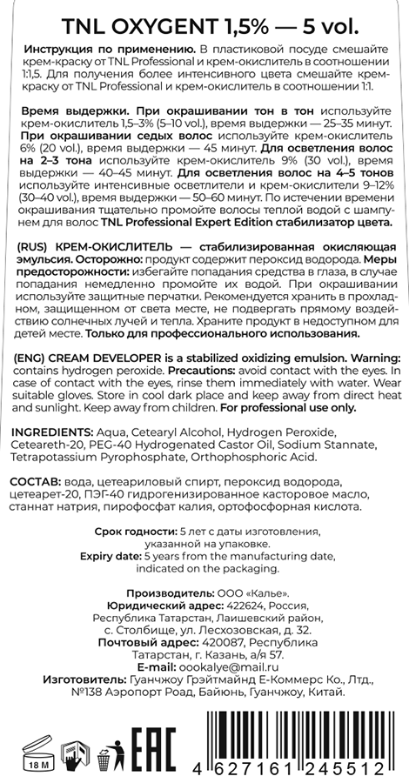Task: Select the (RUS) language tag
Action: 34,248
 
